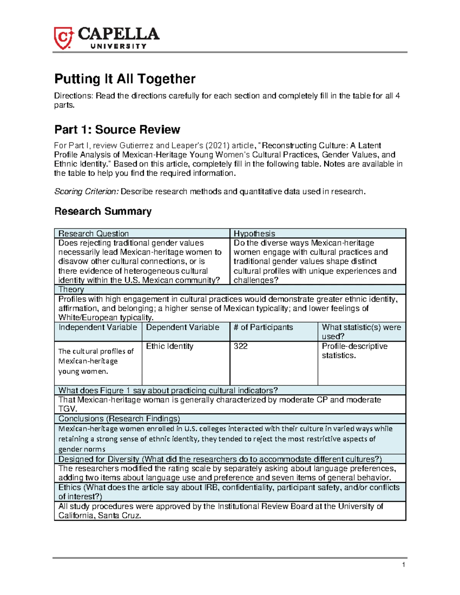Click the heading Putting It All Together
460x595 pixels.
tap(125, 79)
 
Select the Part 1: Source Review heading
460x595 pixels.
tap(117, 129)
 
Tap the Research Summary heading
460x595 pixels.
tap(103, 211)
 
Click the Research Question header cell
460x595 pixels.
tap(94, 233)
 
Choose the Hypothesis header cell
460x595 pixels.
tap(255, 233)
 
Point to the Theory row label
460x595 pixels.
tap(71, 289)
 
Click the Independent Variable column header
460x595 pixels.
tap(97, 327)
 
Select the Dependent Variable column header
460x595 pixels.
tap(182, 327)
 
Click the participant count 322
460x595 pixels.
tap(241, 346)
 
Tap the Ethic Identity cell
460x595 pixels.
tap(169, 346)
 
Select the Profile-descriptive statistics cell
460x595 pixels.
tap(354, 351)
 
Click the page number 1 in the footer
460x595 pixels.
tap(403, 565)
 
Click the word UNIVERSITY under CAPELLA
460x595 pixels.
tap(118, 46)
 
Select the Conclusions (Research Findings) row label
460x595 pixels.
tap(119, 418)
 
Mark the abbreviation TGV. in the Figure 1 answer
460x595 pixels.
tap(66, 409)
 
